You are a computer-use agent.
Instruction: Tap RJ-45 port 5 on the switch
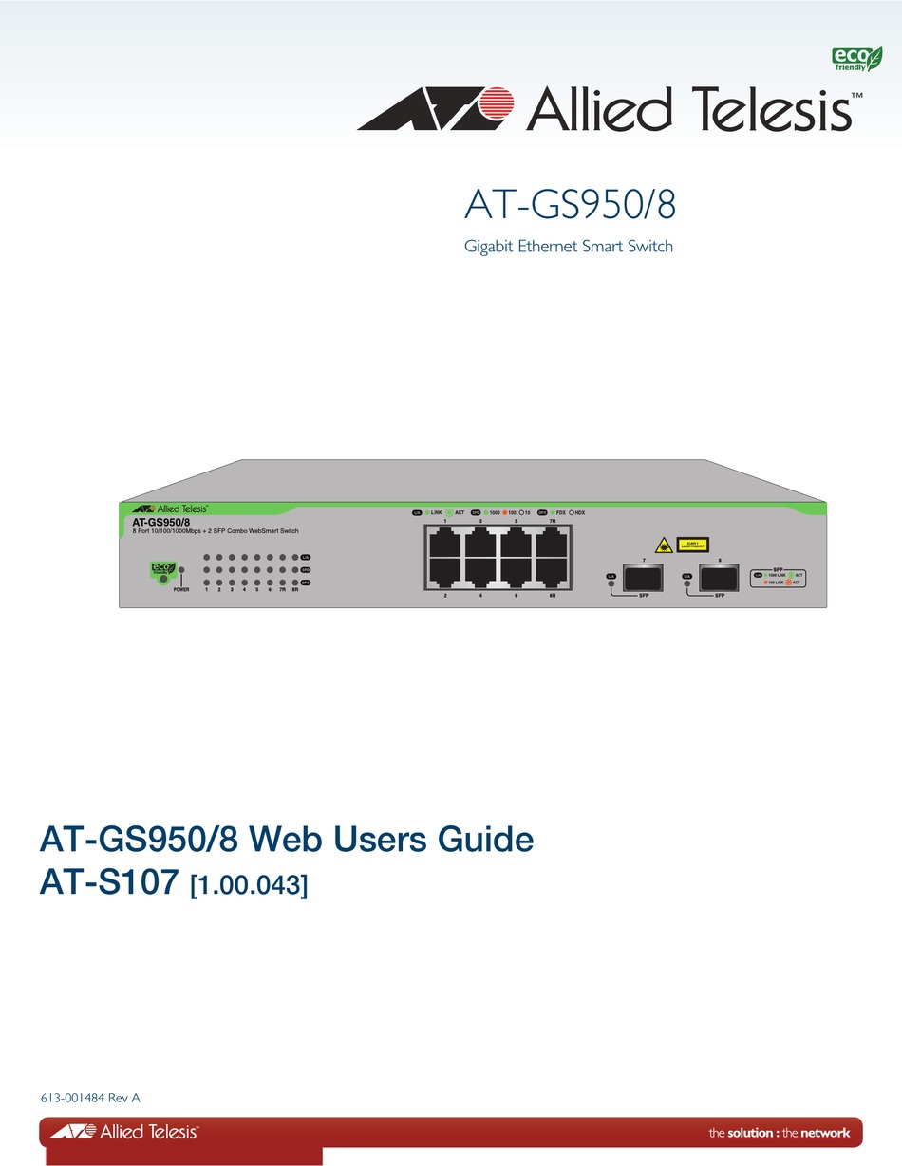(517, 546)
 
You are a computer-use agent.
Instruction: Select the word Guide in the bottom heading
(483, 840)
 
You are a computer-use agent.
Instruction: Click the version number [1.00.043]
(249, 886)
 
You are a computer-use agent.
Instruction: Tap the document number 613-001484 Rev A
(90, 1099)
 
